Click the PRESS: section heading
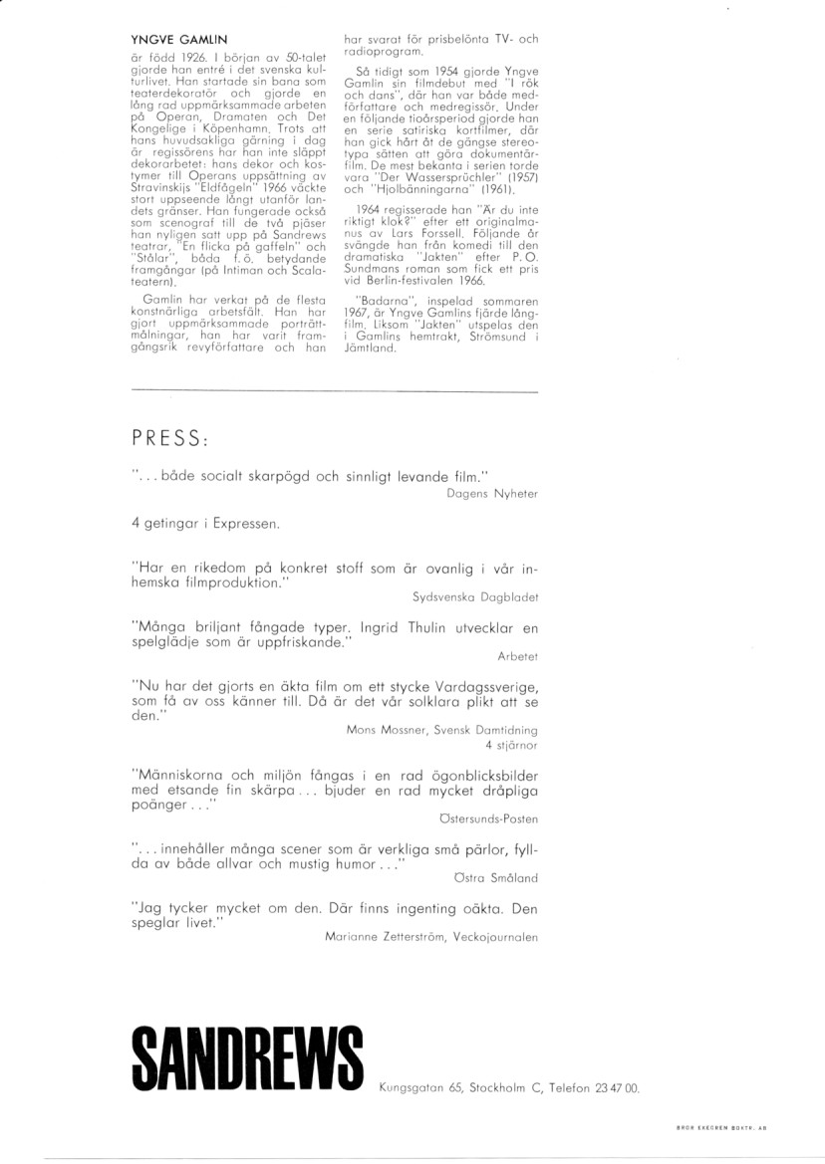point(169,439)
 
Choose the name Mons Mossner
point(384,730)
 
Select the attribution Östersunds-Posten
point(488,818)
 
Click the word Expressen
point(244,522)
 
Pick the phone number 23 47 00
point(618,1089)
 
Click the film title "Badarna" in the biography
point(382,299)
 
